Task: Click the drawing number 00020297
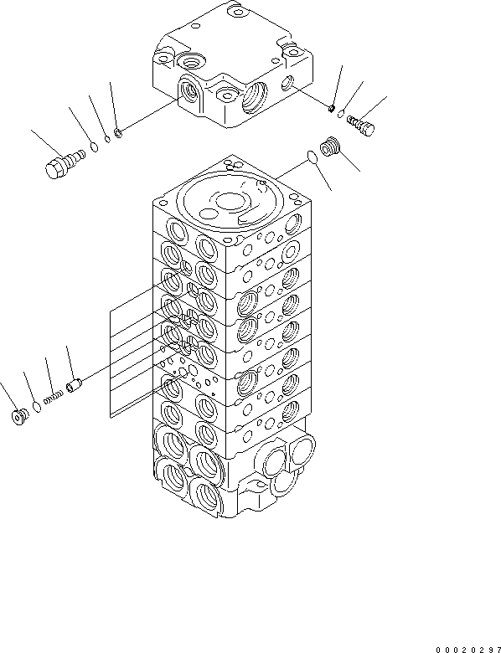[466, 648]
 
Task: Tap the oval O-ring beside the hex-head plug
[94, 148]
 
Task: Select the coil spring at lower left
[54, 398]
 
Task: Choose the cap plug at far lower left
[19, 415]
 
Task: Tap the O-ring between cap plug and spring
[36, 407]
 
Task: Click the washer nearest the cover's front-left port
[120, 131]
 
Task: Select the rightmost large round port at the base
[302, 454]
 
